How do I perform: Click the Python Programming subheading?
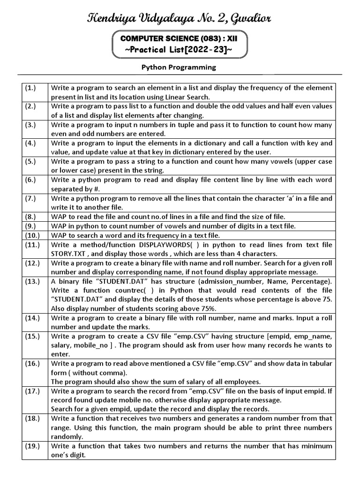pyautogui.click(x=179, y=67)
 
